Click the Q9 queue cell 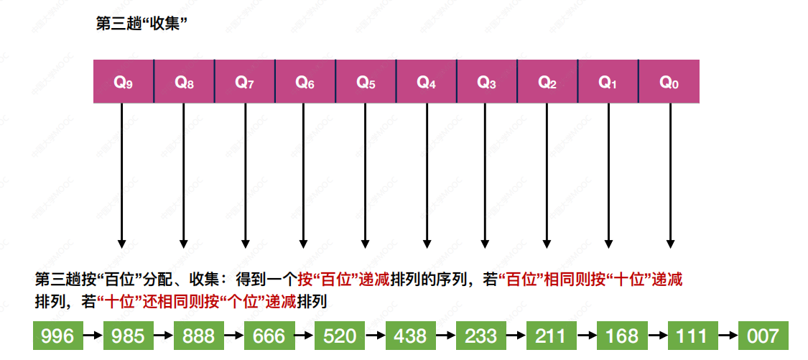pos(124,82)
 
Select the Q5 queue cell pos(366,82)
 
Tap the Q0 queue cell pos(669,82)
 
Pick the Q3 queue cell pos(487,82)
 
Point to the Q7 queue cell pos(245,82)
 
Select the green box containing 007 pos(762,336)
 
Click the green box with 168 pos(621,336)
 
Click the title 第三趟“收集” pos(141,23)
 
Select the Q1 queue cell pos(608,82)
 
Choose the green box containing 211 pos(551,336)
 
